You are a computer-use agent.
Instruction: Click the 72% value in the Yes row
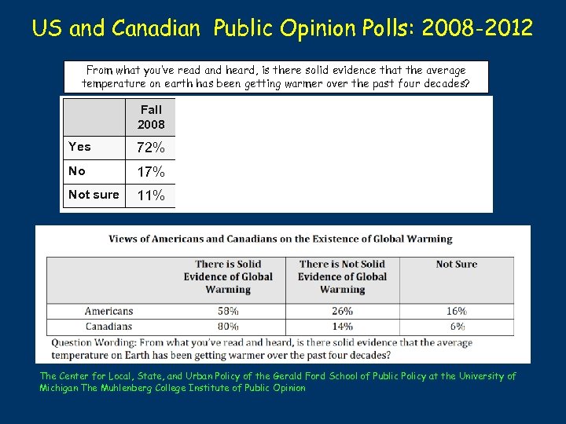pyautogui.click(x=151, y=148)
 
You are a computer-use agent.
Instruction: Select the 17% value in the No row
pyautogui.click(x=151, y=171)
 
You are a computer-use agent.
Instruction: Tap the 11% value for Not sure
pyautogui.click(x=151, y=196)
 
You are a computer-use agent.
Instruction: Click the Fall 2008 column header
pyautogui.click(x=151, y=117)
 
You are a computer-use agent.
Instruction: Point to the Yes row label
pyautogui.click(x=79, y=147)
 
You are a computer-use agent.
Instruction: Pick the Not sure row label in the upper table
pyautogui.click(x=94, y=195)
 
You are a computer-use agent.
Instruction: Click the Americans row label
pyautogui.click(x=108, y=311)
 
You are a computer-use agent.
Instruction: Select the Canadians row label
pyautogui.click(x=108, y=326)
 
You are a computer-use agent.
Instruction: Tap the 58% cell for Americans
pyautogui.click(x=228, y=311)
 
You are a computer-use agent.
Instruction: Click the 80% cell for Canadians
pyautogui.click(x=228, y=326)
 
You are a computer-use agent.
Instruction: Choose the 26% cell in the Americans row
pyautogui.click(x=342, y=311)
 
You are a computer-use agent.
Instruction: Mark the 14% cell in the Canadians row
pyautogui.click(x=342, y=326)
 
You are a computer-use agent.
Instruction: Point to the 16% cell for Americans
pyautogui.click(x=456, y=311)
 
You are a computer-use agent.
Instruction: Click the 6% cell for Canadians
pyautogui.click(x=458, y=326)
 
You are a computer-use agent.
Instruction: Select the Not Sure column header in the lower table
pyautogui.click(x=457, y=265)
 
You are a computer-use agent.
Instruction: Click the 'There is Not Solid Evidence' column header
pyautogui.click(x=342, y=276)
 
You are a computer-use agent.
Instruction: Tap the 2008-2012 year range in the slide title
pyautogui.click(x=477, y=29)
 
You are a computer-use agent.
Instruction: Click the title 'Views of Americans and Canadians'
pyautogui.click(x=280, y=239)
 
